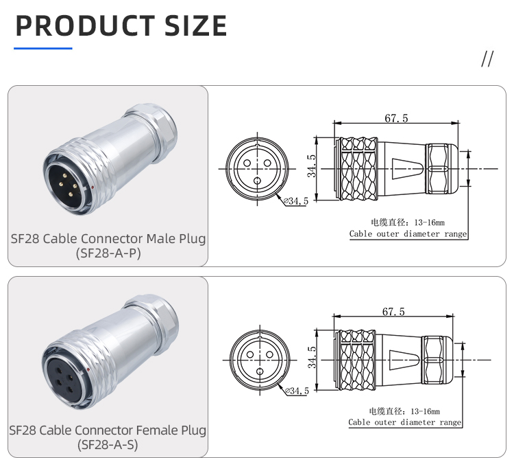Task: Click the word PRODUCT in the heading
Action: tap(85, 25)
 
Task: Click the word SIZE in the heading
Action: tap(196, 25)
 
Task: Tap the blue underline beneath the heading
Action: tap(43, 48)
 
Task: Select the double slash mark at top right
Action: tap(487, 59)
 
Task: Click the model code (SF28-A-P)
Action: tap(108, 253)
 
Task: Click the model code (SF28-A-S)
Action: tap(108, 444)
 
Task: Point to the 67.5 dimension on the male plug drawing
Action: tap(396, 118)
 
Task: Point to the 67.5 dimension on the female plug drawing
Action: tap(393, 311)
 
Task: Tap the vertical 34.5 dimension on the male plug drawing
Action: tap(311, 166)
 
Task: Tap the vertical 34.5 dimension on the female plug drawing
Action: tap(312, 357)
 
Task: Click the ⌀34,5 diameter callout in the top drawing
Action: tap(296, 201)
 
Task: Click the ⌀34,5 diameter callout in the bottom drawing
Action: tap(297, 391)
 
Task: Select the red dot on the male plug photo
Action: tap(93, 187)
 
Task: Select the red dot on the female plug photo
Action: tap(88, 370)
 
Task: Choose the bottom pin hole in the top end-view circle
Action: tap(257, 181)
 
